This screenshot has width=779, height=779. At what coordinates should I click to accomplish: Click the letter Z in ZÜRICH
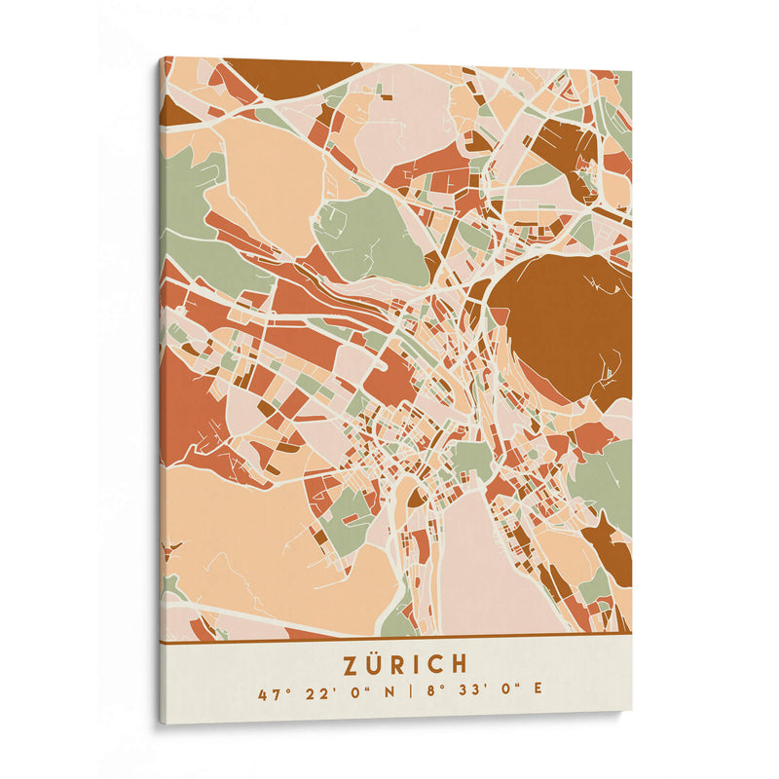[x=351, y=664]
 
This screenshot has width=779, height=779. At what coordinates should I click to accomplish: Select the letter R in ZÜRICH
[x=400, y=664]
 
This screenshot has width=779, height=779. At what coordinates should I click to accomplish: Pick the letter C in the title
[x=436, y=664]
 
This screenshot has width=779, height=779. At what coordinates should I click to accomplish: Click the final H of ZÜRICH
[x=460, y=664]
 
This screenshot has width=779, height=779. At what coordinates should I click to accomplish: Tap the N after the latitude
[x=389, y=694]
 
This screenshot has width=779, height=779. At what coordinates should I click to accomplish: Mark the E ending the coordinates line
[x=538, y=694]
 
